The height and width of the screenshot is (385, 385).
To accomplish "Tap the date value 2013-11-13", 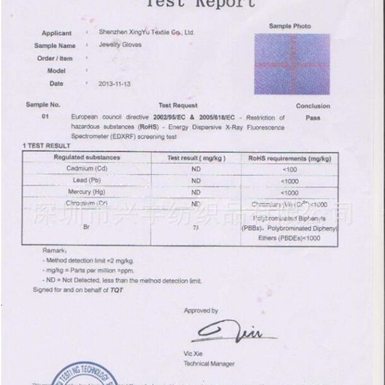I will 114,84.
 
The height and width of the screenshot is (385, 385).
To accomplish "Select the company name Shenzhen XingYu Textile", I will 146,32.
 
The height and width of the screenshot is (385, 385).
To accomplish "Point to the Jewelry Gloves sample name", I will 120,46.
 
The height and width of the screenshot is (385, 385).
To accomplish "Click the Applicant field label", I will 56,33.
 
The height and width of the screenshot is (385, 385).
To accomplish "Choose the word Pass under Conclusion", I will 313,118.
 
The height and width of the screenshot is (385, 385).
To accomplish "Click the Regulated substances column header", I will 87,158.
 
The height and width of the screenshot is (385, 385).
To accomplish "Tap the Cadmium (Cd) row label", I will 86,169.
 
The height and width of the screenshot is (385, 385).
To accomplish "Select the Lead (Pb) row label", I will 87,180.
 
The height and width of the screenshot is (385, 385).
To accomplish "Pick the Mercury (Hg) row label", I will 86,192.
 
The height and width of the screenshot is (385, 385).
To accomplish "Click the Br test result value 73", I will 196,228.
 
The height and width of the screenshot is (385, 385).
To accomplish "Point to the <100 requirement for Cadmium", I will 289,169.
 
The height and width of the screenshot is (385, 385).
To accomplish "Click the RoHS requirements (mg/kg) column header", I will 289,158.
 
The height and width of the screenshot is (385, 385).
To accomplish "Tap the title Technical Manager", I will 209,363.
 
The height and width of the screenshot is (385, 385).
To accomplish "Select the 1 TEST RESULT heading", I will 46,146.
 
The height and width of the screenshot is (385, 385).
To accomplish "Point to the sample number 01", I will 45,117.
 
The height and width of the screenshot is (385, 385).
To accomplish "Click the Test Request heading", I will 178,105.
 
